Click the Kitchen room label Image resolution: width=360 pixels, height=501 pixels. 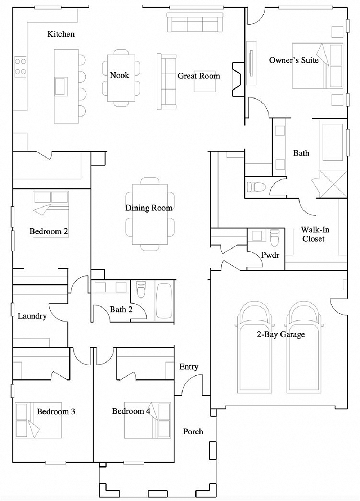pyautogui.click(x=61, y=34)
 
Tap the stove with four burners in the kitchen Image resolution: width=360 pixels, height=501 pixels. pyautogui.click(x=21, y=67)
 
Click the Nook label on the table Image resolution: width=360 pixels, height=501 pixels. pyautogui.click(x=119, y=75)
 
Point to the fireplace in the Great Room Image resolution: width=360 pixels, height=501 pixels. pyautogui.click(x=238, y=79)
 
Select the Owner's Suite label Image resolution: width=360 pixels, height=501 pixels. pyautogui.click(x=294, y=60)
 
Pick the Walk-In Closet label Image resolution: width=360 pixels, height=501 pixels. pyautogui.click(x=315, y=234)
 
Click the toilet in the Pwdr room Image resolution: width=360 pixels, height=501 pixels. pyautogui.click(x=275, y=238)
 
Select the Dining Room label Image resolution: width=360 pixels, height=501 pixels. pyautogui.click(x=149, y=208)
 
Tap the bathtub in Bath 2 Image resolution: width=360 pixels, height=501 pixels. pyautogui.click(x=164, y=301)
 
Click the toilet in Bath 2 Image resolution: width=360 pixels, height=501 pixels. pyautogui.click(x=141, y=290)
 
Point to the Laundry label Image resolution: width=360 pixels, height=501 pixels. pyautogui.click(x=32, y=316)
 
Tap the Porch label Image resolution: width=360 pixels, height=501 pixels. pyautogui.click(x=193, y=432)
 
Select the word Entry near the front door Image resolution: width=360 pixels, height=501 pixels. pyautogui.click(x=189, y=367)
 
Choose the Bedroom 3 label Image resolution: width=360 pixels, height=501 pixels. pyautogui.click(x=56, y=411)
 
